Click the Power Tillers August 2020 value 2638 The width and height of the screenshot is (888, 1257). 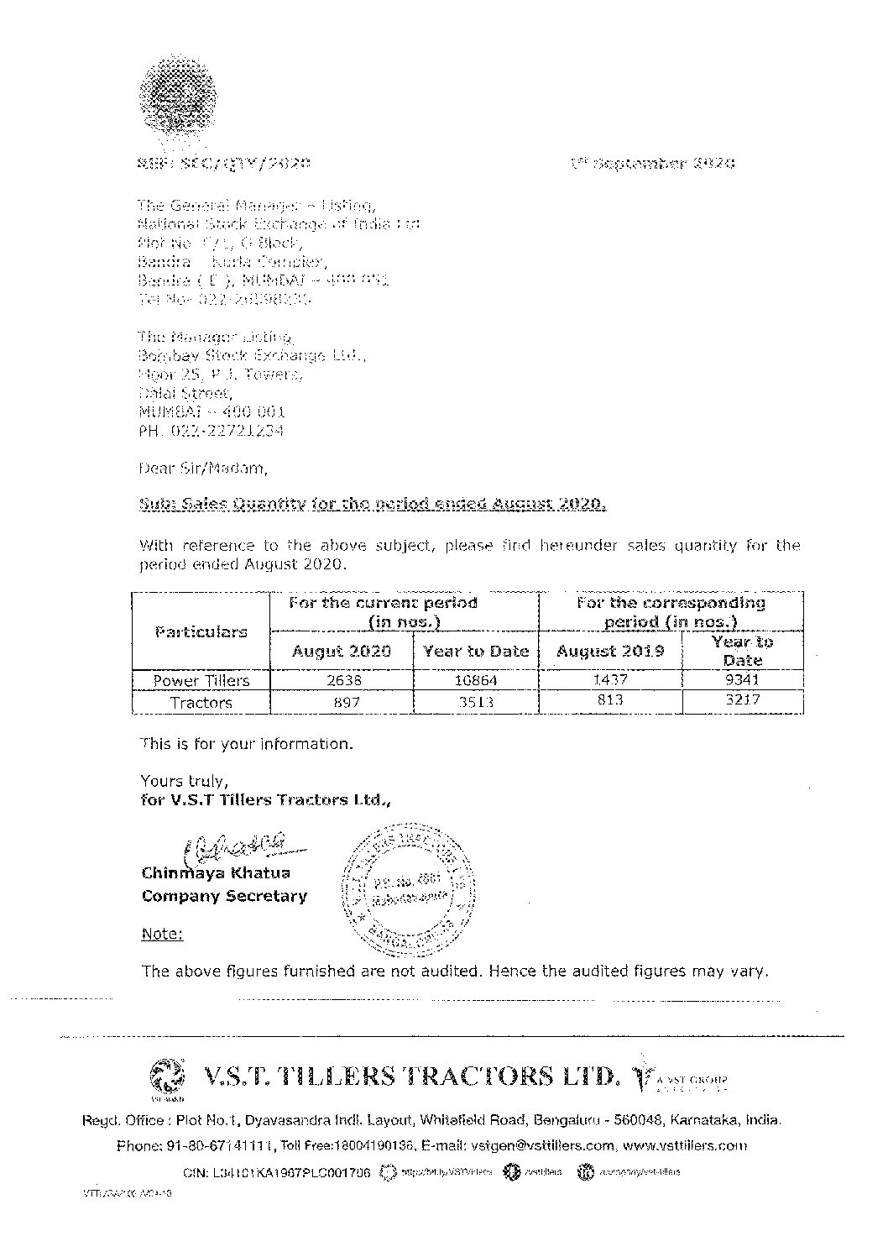[x=341, y=679]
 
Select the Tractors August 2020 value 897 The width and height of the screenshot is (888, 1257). [x=341, y=702]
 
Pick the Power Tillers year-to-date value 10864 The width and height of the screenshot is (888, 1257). [x=475, y=679]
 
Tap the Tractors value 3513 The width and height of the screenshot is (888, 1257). [x=475, y=702]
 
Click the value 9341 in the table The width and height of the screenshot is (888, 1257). [x=743, y=678]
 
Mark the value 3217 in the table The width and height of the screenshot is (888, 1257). [x=743, y=701]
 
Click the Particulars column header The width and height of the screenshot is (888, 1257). [x=201, y=631]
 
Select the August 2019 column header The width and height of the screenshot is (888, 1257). [x=610, y=651]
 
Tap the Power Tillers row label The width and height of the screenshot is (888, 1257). [x=201, y=680]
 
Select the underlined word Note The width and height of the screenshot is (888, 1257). [x=162, y=934]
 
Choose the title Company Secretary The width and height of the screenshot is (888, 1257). [x=224, y=896]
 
